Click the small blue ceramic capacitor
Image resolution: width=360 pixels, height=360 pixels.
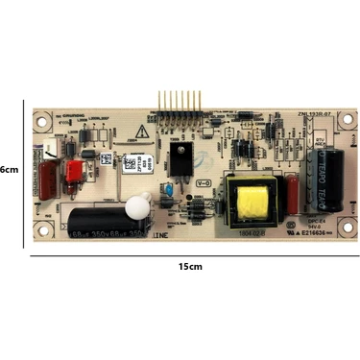(169, 192)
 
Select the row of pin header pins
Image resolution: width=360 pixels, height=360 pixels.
(178, 103)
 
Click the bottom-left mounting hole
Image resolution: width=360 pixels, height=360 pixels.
(42, 228)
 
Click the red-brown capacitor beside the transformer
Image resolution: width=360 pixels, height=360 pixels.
(283, 187)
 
